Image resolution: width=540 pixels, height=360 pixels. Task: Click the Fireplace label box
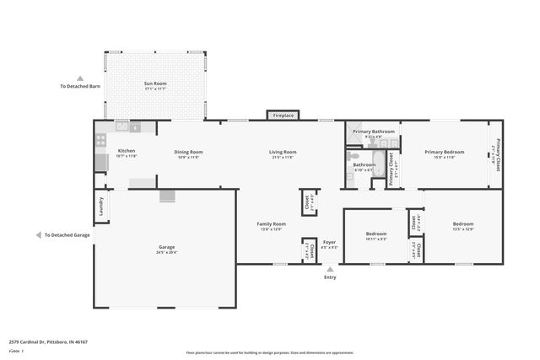tap(283, 116)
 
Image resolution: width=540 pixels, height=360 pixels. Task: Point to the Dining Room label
tap(190, 152)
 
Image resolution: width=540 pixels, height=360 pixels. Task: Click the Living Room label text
tap(282, 152)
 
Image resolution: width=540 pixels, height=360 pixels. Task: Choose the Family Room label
tap(272, 223)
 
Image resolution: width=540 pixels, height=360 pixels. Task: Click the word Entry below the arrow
tap(330, 277)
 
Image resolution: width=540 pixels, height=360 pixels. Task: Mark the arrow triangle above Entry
tap(330, 269)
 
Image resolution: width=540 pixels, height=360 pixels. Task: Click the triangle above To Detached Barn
tap(80, 77)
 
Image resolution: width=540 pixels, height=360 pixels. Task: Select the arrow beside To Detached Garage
tap(39, 235)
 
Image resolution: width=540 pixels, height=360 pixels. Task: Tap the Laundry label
tap(100, 207)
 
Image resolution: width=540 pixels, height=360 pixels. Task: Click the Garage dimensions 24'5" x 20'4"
tap(166, 252)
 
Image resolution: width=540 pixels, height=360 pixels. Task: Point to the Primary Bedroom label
tap(445, 152)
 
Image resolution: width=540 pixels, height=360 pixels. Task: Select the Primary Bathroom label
tap(374, 132)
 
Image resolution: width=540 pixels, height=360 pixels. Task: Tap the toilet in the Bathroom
tap(353, 156)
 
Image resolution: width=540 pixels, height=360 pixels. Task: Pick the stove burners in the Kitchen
tap(100, 141)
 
